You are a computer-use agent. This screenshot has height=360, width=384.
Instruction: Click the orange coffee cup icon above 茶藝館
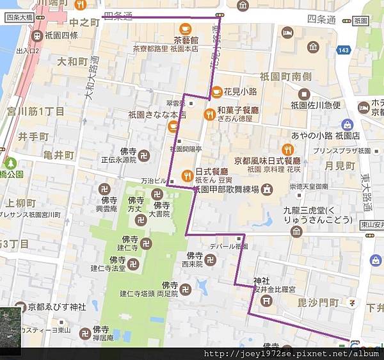185,28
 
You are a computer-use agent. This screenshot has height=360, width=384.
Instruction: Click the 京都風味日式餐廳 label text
267,161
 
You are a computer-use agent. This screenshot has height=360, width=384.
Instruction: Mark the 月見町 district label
340,165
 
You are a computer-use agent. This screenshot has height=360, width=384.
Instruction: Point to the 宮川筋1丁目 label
37,111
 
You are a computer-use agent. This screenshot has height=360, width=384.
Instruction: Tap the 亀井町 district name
55,155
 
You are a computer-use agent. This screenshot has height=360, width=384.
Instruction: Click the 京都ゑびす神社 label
56,306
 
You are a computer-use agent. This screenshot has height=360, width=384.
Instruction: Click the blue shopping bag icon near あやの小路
348,124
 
